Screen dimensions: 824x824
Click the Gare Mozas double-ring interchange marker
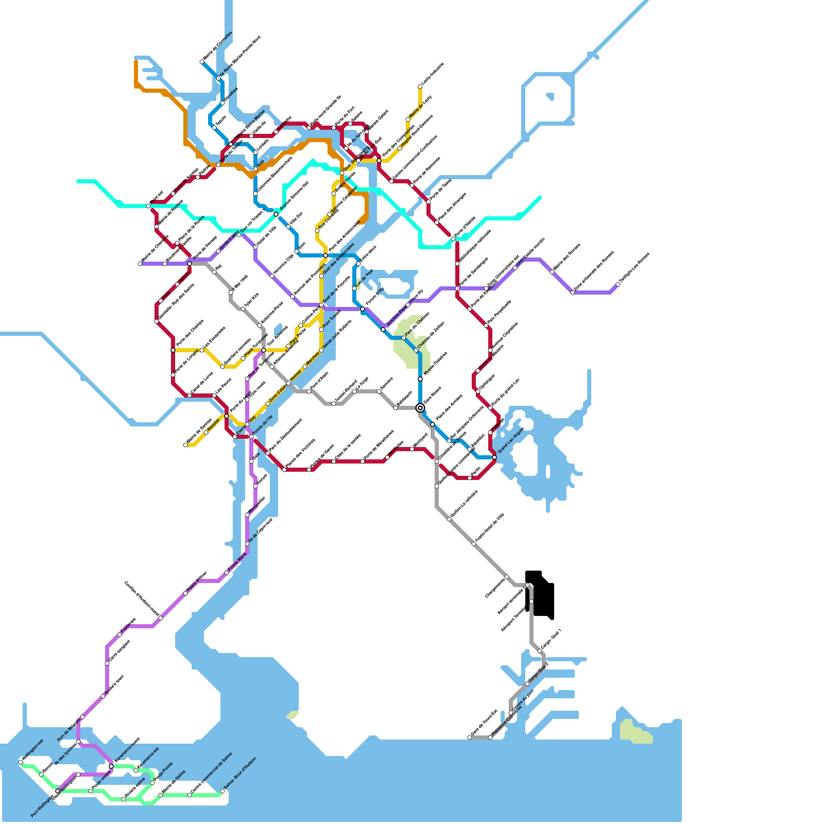(x=420, y=408)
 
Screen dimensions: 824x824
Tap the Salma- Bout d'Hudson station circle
(x=222, y=791)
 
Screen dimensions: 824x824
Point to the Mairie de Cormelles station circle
(x=202, y=62)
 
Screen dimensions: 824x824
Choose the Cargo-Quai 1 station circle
(x=540, y=651)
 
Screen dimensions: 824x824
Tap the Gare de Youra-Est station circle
(x=470, y=737)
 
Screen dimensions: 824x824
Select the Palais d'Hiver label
(x=196, y=582)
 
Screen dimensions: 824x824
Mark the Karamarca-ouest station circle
(x=111, y=766)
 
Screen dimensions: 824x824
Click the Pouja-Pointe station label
(x=164, y=772)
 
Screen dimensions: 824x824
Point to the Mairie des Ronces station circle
(x=552, y=272)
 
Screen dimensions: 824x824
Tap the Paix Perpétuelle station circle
(x=486, y=325)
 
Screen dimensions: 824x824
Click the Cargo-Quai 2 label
(x=539, y=673)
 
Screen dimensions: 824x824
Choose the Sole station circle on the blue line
(x=255, y=169)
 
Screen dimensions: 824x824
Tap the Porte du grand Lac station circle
(x=490, y=408)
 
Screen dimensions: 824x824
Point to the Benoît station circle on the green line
(x=41, y=775)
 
